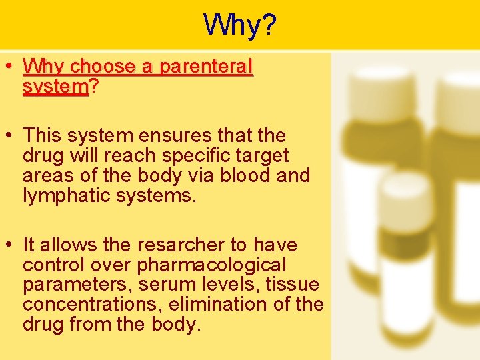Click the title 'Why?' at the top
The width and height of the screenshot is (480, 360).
tap(240, 25)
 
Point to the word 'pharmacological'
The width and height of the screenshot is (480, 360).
tap(211, 265)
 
